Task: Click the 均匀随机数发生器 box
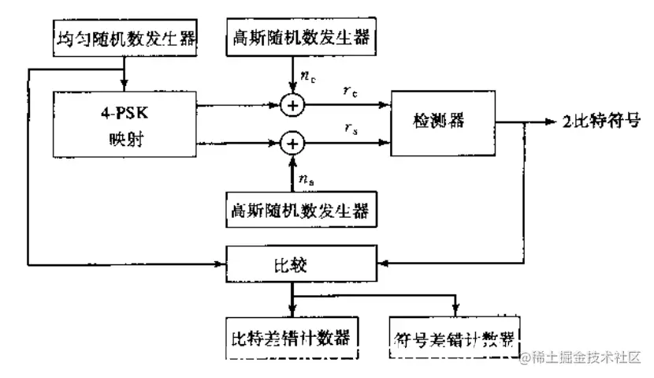point(124,36)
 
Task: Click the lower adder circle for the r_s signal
point(293,143)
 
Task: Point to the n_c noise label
point(308,77)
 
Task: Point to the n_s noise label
point(308,181)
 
